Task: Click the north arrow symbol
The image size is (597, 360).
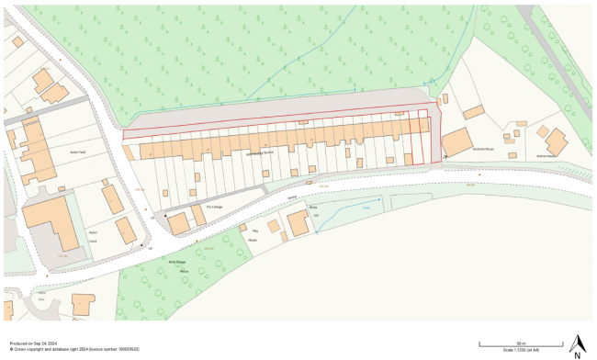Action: (577, 343)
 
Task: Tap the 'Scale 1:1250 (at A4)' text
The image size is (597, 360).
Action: (520, 350)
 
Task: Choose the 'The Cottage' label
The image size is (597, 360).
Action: (214, 208)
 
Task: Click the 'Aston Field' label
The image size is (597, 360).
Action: (77, 152)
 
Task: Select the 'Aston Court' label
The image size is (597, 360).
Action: (92, 235)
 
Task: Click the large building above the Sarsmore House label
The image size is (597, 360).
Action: (457, 143)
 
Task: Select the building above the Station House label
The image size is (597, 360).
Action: (557, 141)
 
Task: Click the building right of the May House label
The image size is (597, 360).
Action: (298, 224)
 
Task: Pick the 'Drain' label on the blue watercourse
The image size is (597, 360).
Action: (366, 209)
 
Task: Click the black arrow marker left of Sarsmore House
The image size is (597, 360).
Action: (445, 157)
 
